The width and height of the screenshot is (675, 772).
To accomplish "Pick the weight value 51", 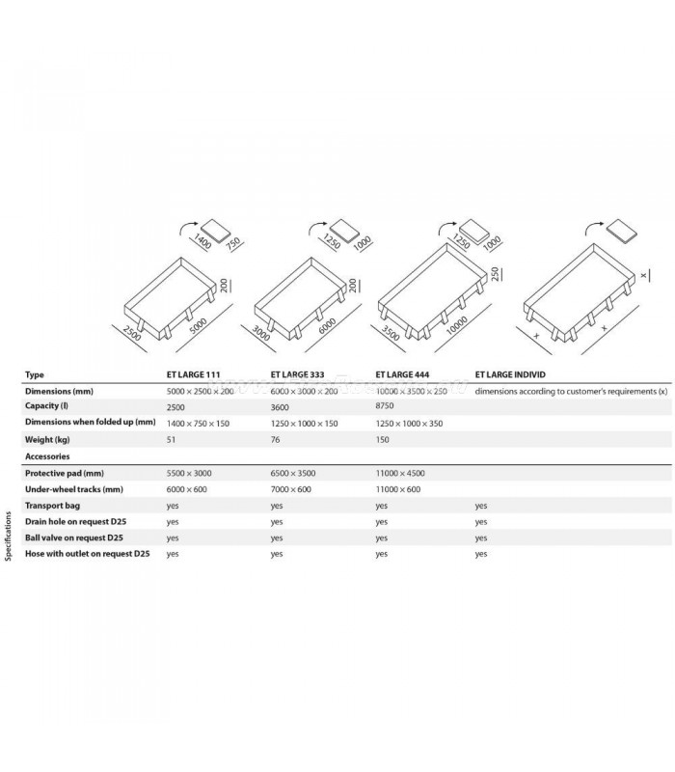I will point(172,439).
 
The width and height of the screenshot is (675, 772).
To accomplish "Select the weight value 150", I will point(384,439).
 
